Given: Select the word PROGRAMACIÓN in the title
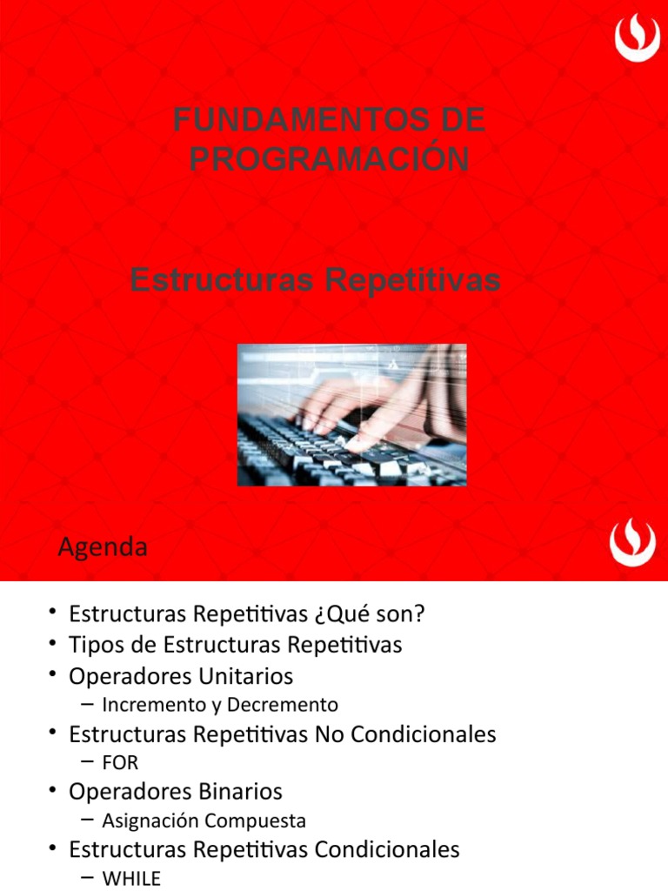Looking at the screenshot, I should click(329, 159).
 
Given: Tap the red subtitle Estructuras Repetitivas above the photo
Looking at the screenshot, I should click(315, 280).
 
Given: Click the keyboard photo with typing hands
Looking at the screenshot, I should click(351, 414).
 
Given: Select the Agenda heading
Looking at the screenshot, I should click(102, 548).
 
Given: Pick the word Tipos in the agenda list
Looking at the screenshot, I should click(96, 645).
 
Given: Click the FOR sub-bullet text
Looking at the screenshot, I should click(120, 763).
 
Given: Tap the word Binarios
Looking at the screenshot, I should click(241, 792).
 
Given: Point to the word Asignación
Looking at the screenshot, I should click(150, 821).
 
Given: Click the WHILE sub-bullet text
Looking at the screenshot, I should click(131, 879).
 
